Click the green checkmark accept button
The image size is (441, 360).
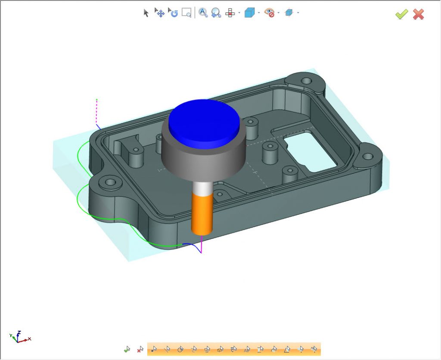coord(401,14)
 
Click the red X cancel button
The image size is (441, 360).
coord(418,14)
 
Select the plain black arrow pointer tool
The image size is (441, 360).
coord(146,13)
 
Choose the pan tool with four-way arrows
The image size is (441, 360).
coord(159,13)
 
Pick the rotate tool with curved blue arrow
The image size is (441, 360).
coord(173,13)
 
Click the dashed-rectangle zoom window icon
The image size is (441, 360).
coord(186,13)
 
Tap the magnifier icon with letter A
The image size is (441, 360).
coord(203,13)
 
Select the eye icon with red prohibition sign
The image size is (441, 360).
coord(269,13)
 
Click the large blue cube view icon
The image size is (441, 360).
coord(249,13)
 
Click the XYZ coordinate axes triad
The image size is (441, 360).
coord(19,337)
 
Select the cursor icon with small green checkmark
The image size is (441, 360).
coord(127,349)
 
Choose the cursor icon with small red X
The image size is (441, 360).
coord(140,349)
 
